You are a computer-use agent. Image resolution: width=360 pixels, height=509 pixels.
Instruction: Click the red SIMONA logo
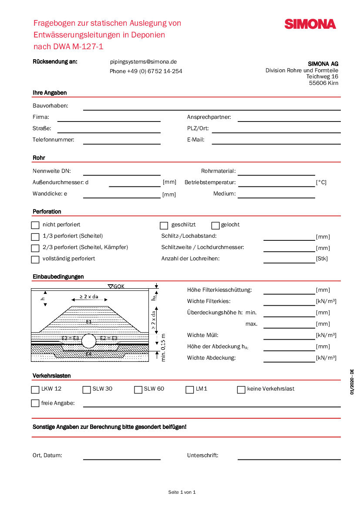[310, 24]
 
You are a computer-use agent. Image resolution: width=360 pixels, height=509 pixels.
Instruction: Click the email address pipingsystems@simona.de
[143, 62]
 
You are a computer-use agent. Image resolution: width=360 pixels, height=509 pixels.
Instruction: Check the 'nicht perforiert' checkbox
[35, 226]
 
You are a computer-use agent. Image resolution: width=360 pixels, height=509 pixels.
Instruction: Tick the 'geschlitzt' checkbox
[164, 226]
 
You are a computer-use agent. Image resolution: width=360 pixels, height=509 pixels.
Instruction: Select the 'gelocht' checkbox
[215, 226]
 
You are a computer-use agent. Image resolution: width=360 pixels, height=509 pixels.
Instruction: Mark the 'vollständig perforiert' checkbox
[35, 260]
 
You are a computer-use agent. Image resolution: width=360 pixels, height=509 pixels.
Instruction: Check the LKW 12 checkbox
[35, 390]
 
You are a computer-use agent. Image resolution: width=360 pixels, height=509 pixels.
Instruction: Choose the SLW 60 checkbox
[138, 390]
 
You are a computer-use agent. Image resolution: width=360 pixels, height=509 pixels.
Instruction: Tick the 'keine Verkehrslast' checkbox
[241, 390]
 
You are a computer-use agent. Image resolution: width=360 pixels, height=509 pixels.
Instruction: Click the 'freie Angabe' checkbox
[35, 403]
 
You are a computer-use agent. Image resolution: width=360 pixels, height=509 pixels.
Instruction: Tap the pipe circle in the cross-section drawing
[89, 341]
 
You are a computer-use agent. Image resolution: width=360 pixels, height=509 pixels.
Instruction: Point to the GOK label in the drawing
[118, 287]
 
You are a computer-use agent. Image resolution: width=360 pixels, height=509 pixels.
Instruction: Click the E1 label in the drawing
[89, 322]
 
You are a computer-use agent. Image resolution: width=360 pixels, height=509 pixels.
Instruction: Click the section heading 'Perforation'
[47, 212]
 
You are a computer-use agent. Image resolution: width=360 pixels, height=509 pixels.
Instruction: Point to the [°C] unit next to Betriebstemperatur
[321, 182]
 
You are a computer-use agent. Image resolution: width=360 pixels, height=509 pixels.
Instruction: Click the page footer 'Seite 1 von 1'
[182, 492]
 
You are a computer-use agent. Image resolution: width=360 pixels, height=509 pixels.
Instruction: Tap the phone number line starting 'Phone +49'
[146, 71]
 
